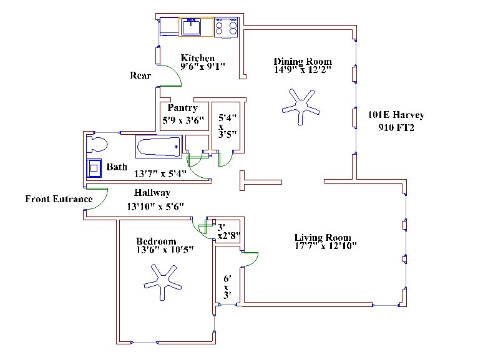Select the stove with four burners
227,27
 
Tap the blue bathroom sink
94,169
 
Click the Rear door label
140,76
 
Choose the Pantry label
183,108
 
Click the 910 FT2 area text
396,128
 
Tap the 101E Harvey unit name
396,115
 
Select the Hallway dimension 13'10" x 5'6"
155,206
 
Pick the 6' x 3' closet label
228,286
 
